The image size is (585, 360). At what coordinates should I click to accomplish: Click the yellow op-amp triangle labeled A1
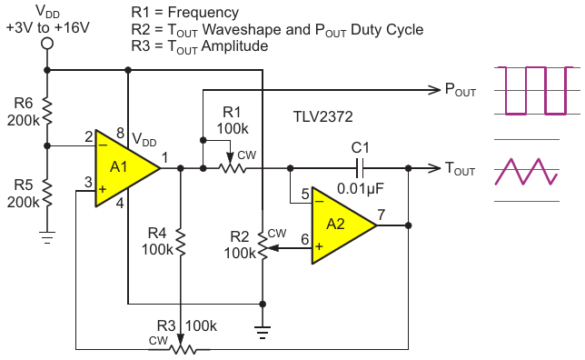point(124,168)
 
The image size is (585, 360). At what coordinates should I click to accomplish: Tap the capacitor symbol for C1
point(360,168)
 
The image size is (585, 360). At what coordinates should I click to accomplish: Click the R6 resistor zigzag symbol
point(47,111)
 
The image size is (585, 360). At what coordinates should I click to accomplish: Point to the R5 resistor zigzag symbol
point(47,193)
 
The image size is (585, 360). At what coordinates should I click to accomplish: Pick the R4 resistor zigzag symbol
point(181,243)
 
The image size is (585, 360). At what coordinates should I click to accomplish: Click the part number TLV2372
point(323,117)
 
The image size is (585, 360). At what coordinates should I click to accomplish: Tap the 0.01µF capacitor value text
point(361,188)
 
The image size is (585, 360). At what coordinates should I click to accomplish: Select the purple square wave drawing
point(536,91)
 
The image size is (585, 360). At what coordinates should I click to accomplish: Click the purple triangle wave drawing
point(526,172)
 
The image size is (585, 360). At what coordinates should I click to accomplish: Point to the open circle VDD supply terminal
point(47,44)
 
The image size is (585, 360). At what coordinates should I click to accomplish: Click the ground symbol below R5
point(47,237)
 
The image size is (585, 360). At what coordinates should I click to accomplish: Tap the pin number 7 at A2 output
point(381,215)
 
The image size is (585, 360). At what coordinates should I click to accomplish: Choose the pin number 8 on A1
point(120,133)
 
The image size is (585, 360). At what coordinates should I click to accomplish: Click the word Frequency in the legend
point(203,13)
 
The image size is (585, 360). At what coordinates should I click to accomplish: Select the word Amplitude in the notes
point(234,46)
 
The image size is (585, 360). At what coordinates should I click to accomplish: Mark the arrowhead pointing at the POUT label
point(434,90)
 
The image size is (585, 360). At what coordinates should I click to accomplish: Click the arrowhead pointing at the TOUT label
point(434,168)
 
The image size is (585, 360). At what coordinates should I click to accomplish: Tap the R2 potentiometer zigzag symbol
point(263,245)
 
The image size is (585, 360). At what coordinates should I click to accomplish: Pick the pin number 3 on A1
point(88,182)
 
